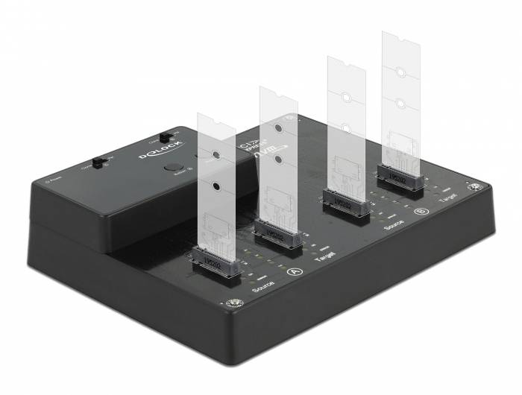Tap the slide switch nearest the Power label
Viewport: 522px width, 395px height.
[x=98, y=163]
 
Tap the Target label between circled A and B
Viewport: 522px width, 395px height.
[x=325, y=254]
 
